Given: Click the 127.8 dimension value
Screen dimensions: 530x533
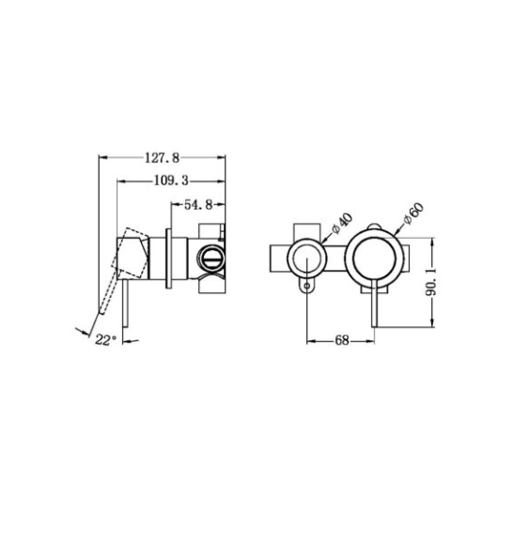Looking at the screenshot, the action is coord(162,158).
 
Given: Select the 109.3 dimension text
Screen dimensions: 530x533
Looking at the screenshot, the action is coord(171,180).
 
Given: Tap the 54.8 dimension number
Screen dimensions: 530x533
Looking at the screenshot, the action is coord(198,205).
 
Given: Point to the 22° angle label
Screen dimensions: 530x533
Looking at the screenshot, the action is coord(105,339).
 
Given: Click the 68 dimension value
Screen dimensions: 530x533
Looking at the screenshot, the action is coord(342,340).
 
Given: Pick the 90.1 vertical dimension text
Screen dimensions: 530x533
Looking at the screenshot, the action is coord(431,283).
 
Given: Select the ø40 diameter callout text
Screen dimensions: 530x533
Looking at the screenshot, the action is coord(342,223).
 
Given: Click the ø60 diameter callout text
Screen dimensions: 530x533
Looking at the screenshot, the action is coord(413,213).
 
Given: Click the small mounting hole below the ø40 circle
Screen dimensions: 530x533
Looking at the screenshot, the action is coord(306,286).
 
